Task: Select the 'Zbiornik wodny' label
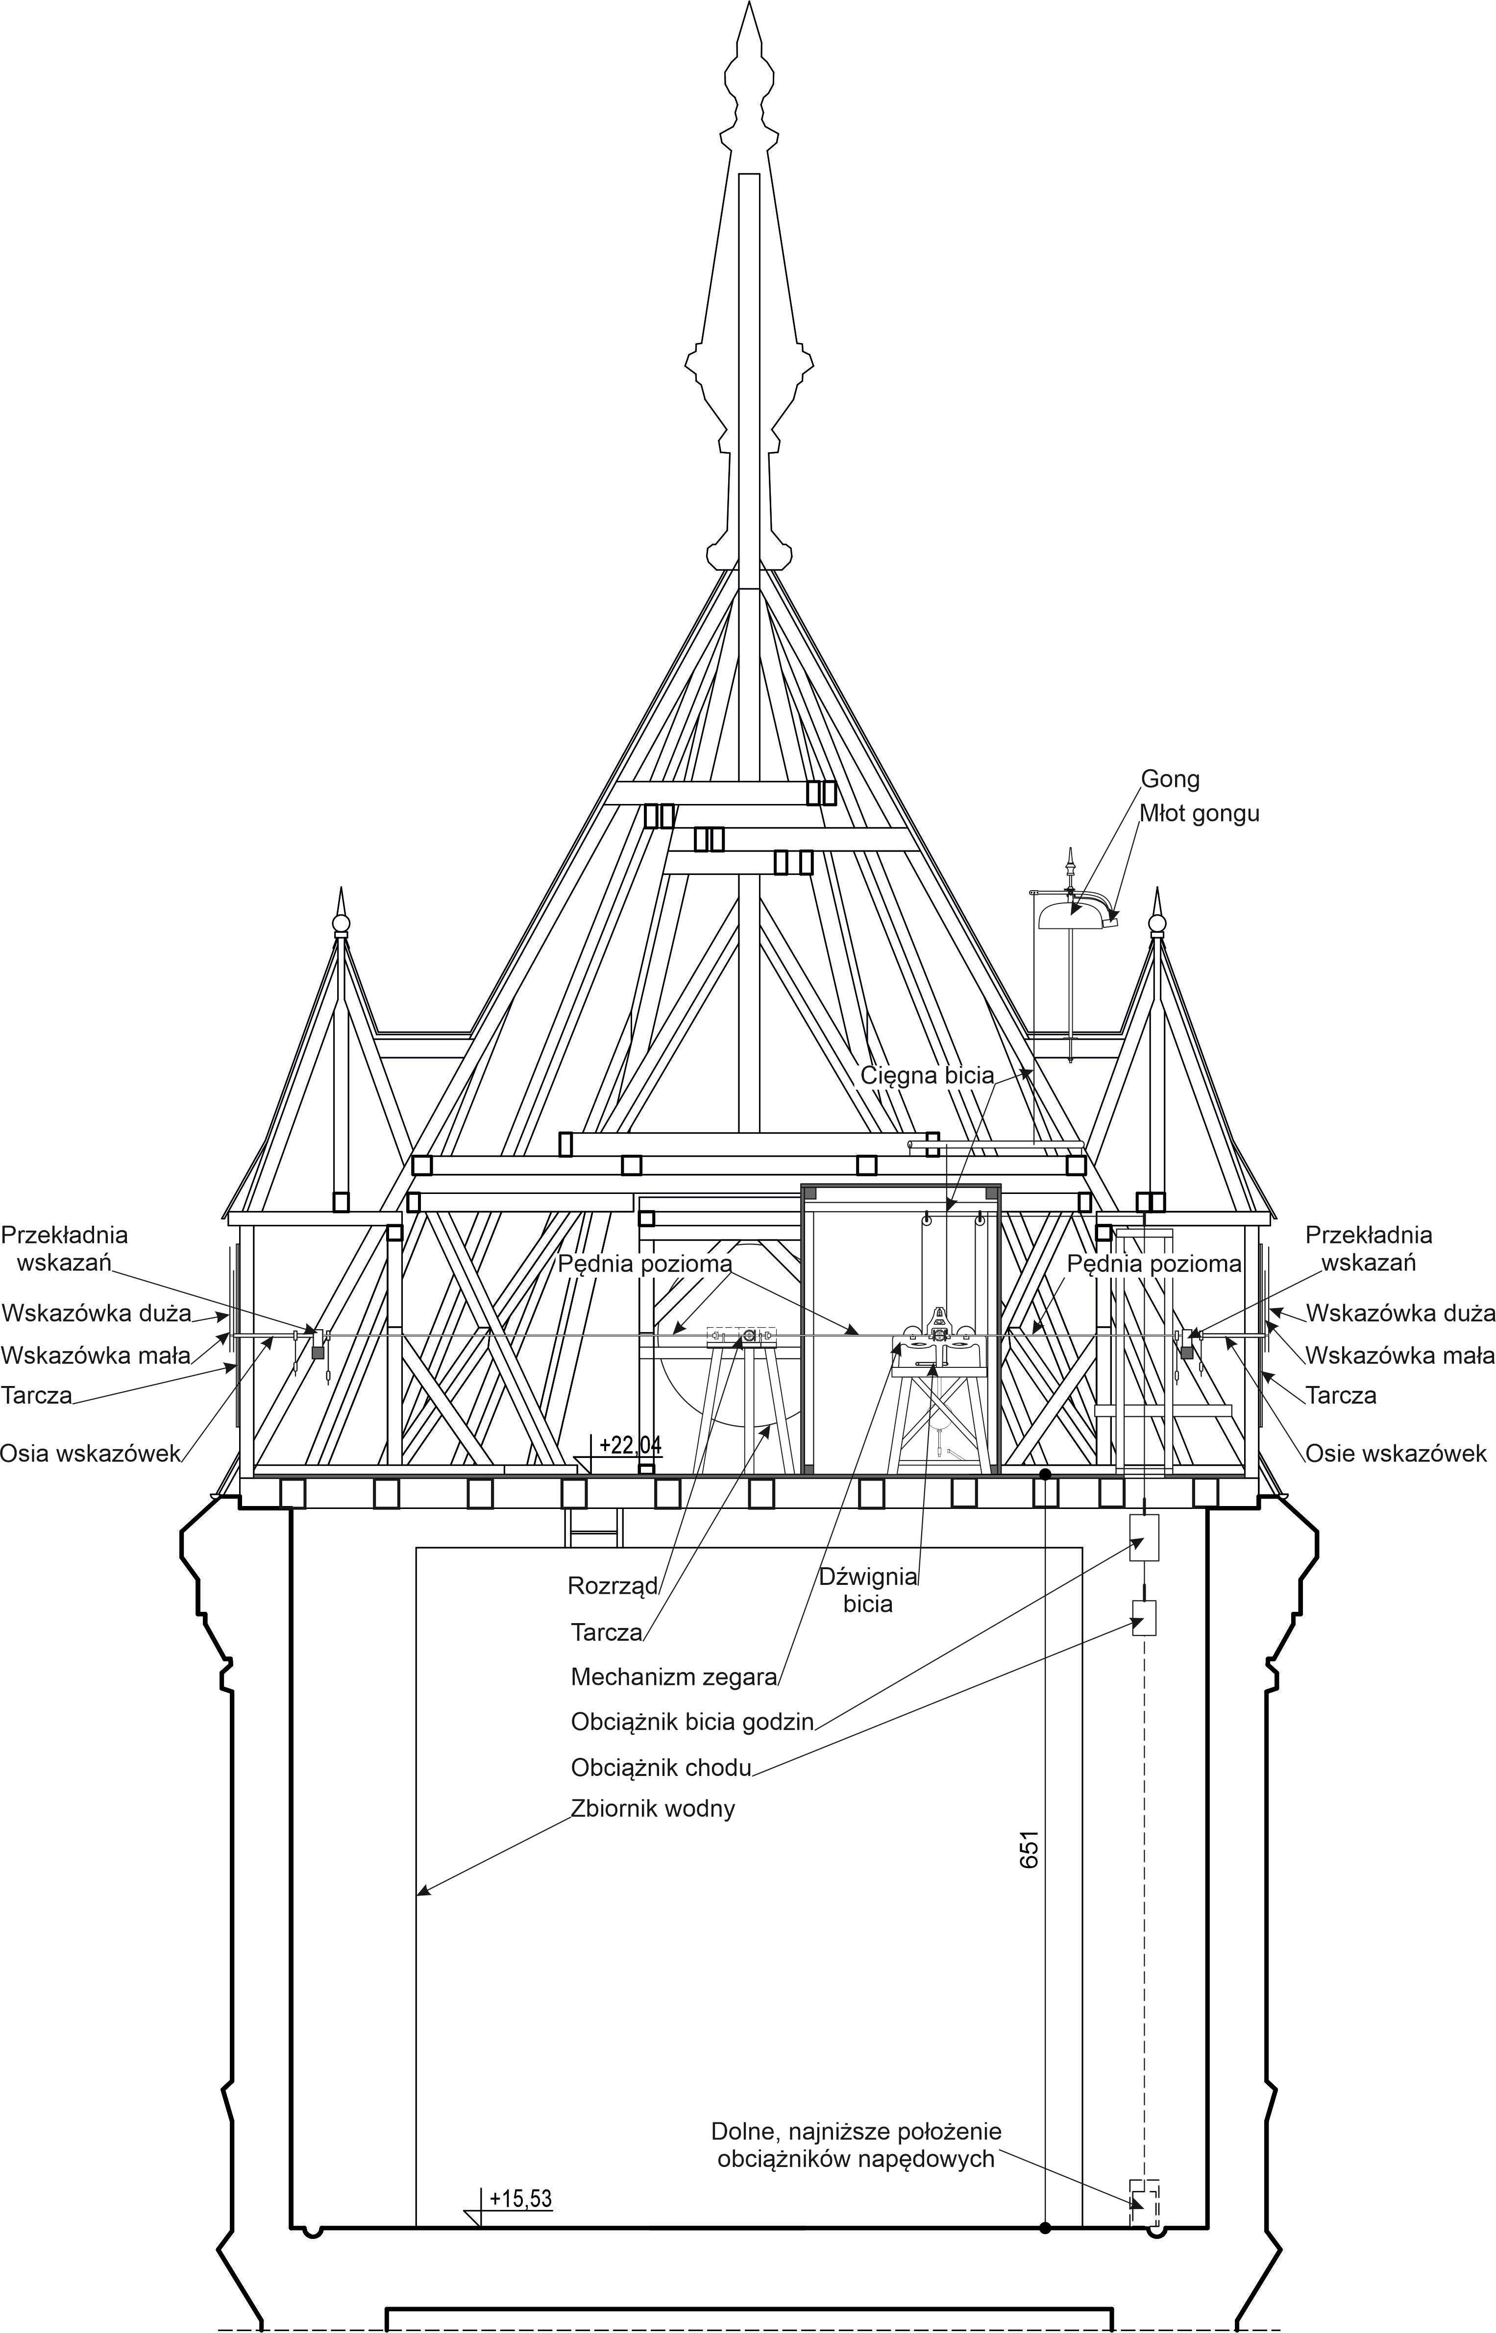click(x=653, y=1808)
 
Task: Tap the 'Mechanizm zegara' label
click(x=674, y=1677)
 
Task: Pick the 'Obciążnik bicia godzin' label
click(x=692, y=1722)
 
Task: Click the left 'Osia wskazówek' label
click(x=90, y=1454)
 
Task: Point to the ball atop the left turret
click(x=340, y=923)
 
